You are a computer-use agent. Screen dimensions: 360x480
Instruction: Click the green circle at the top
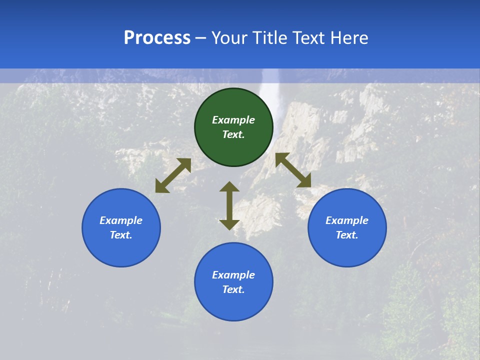233,127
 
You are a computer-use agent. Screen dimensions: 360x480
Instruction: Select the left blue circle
121,227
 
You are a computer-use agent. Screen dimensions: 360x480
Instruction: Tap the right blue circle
347,227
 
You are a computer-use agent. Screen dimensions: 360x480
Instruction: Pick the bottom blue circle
233,282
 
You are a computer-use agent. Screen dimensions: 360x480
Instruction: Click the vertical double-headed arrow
229,205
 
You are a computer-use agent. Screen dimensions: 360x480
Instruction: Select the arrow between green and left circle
173,175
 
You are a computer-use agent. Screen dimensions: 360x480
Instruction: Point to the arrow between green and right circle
293,170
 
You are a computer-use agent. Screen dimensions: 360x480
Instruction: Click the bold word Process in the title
157,38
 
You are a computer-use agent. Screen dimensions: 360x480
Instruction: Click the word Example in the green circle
233,120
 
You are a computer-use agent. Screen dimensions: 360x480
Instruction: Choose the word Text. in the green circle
233,134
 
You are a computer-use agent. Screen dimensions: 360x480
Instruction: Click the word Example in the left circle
121,220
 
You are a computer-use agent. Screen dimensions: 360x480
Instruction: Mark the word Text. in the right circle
347,235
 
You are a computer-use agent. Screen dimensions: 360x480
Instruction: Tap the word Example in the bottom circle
233,275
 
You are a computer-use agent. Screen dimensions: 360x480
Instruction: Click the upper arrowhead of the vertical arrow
229,186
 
